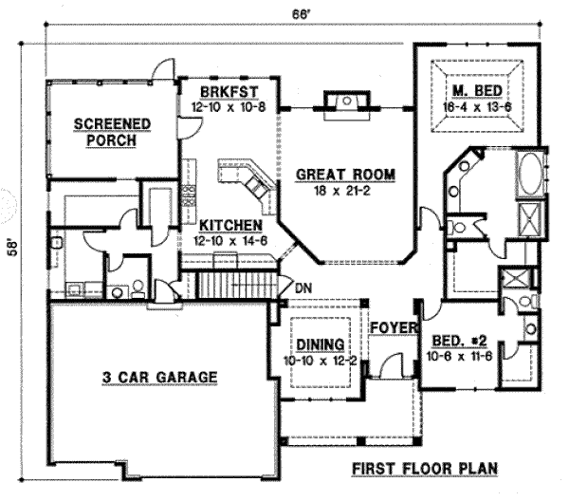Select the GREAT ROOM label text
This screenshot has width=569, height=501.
click(343, 175)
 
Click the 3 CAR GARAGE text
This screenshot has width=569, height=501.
click(159, 378)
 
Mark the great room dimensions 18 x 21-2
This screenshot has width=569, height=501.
click(343, 190)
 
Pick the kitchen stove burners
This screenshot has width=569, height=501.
click(189, 195)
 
